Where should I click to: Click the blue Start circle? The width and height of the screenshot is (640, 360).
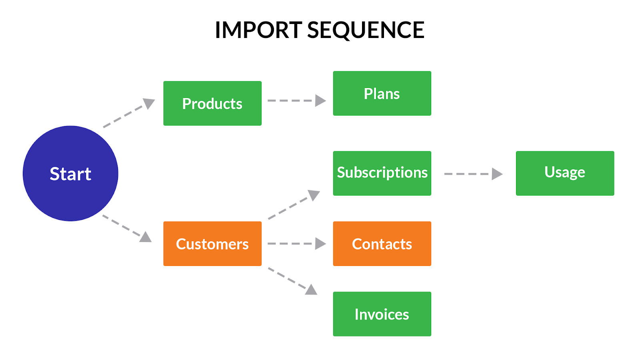pos(70,174)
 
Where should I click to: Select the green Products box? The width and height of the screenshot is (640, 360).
pos(212,104)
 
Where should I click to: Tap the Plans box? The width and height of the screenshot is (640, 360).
pos(382,94)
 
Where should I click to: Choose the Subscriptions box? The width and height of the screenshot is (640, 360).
pos(382,174)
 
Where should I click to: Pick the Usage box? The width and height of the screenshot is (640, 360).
pos(565,174)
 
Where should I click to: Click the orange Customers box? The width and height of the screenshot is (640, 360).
pos(212,244)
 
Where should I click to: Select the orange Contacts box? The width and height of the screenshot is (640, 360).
pos(382,244)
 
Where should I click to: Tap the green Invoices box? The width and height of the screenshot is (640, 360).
pos(382,314)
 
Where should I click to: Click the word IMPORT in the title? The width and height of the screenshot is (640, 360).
pos(259,30)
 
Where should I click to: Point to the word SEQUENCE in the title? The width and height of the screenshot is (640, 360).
pos(366,30)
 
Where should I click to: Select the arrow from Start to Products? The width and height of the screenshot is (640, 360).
pos(129,113)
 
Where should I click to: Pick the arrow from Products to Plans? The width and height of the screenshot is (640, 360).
pos(297,100)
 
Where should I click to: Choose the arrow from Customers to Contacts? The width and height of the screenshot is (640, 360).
pos(297,244)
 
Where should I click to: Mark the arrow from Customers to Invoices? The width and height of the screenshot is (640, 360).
pos(293,281)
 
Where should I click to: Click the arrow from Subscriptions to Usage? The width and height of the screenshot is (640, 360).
pos(474,174)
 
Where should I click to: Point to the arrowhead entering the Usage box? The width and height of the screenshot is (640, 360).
pos(497,174)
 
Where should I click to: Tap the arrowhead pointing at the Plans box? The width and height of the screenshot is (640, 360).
pos(320,100)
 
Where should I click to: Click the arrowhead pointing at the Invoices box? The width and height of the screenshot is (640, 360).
pos(312,290)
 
